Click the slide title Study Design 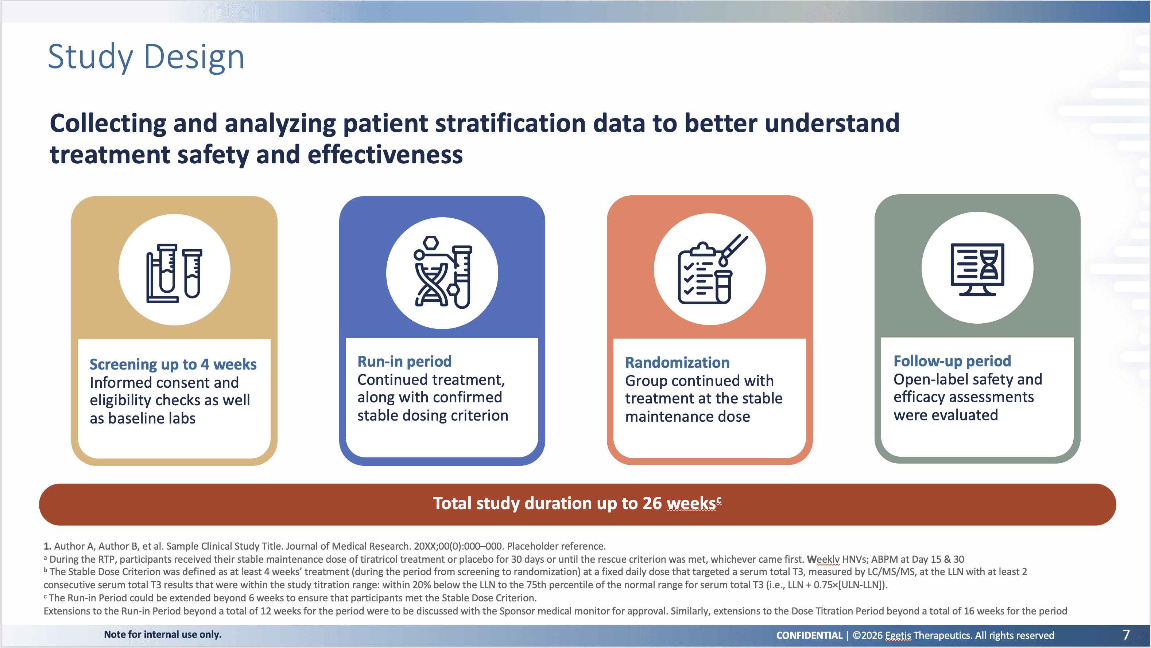(146, 57)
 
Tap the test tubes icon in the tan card (174, 273)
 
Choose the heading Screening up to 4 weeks (173, 364)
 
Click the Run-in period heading (404, 361)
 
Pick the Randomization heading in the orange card (677, 363)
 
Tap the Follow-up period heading (952, 361)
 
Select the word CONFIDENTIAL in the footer (809, 636)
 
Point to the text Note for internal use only (163, 635)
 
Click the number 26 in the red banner (652, 503)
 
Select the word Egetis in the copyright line (898, 636)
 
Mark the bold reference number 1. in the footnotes (47, 546)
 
